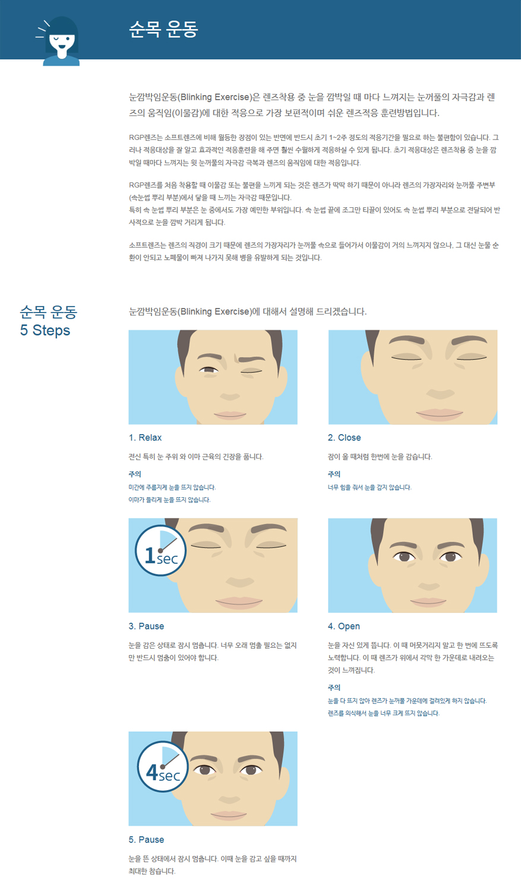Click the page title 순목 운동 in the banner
(163, 29)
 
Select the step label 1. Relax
(145, 438)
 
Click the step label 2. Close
(345, 438)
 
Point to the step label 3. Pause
(146, 626)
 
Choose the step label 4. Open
(344, 627)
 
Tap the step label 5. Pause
(146, 840)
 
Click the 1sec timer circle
(160, 551)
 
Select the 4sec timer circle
(163, 766)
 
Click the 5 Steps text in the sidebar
(45, 330)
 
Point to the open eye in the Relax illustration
(209, 370)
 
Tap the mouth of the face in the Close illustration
(440, 415)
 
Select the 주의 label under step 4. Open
(334, 687)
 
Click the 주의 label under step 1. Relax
(135, 474)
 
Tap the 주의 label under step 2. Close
(334, 474)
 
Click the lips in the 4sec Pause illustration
(229, 815)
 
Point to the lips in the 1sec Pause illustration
(239, 603)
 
